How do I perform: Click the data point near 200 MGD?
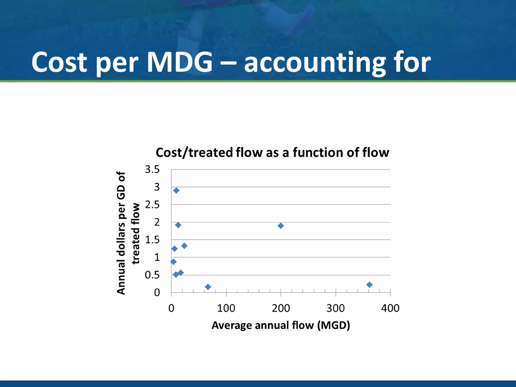pyautogui.click(x=280, y=226)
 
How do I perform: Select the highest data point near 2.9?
pyautogui.click(x=176, y=190)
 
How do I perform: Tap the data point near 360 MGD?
pyautogui.click(x=369, y=285)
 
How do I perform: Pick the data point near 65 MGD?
pyautogui.click(x=208, y=287)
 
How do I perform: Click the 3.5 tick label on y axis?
pyautogui.click(x=152, y=169)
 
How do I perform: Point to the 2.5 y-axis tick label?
pyautogui.click(x=152, y=205)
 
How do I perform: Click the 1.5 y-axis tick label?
pyautogui.click(x=152, y=240)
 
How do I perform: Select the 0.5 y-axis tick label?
pyautogui.click(x=152, y=275)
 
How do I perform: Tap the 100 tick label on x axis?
pyautogui.click(x=226, y=308)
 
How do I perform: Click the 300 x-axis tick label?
pyautogui.click(x=335, y=308)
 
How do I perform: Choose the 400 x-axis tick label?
pyautogui.click(x=390, y=308)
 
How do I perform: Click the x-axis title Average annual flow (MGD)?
pyautogui.click(x=281, y=325)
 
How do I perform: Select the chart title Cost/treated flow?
pyautogui.click(x=272, y=153)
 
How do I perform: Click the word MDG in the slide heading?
pyautogui.click(x=179, y=62)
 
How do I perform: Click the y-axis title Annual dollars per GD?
pyautogui.click(x=121, y=233)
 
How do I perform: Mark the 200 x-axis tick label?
pyautogui.click(x=281, y=308)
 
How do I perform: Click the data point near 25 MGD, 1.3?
pyautogui.click(x=184, y=246)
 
